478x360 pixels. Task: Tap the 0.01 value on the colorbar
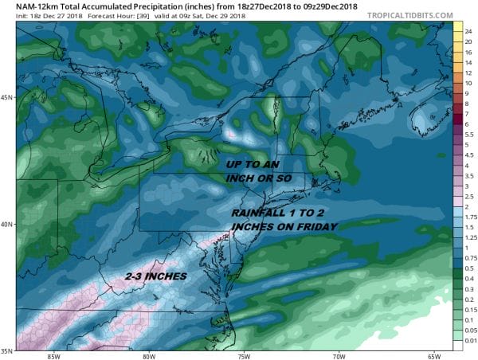[468, 340]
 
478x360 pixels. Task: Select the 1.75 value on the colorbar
[469, 215]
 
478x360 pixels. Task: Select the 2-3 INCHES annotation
[156, 276]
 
